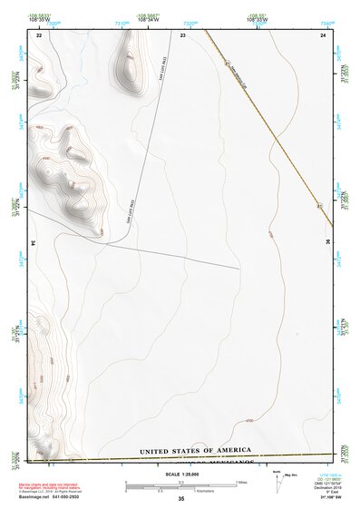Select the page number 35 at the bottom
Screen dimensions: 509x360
(180, 498)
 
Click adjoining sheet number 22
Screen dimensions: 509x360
(39, 34)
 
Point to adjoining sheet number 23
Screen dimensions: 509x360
(182, 34)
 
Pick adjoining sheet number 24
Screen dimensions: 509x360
(324, 34)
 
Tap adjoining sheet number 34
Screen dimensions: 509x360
(34, 243)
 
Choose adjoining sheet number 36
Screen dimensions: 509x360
(327, 243)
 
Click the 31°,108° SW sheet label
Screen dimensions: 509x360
(330, 496)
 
